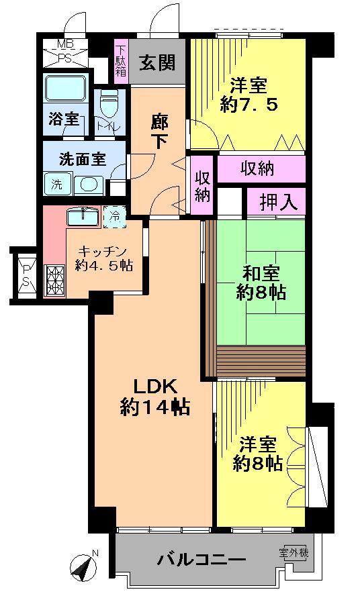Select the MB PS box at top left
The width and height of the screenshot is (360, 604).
pyautogui.click(x=65, y=52)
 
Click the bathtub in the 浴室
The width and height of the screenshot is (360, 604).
pyautogui.click(x=64, y=90)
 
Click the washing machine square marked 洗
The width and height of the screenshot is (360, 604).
pyautogui.click(x=56, y=183)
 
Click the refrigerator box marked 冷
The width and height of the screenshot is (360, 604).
pyautogui.click(x=115, y=216)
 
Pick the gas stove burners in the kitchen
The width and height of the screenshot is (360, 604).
pyautogui.click(x=54, y=281)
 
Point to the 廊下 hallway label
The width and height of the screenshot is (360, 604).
pyautogui.click(x=159, y=133)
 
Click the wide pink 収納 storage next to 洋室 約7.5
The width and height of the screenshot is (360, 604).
pyautogui.click(x=257, y=169)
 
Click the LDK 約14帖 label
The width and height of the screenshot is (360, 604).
pyautogui.click(x=154, y=397)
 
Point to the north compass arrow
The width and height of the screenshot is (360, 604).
pyautogui.click(x=85, y=568)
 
